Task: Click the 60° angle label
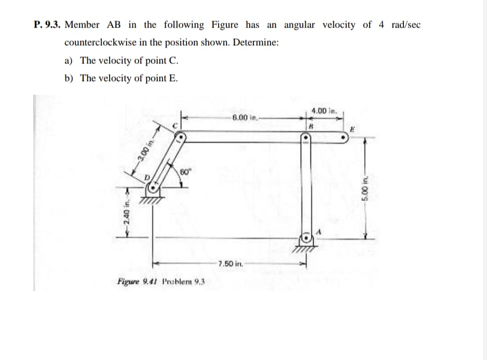185,172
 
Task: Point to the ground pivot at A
307,238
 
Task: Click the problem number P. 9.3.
46,25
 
